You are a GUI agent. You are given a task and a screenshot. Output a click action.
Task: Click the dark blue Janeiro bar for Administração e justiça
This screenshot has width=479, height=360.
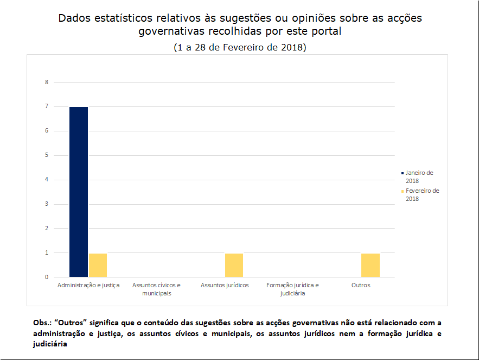(79, 192)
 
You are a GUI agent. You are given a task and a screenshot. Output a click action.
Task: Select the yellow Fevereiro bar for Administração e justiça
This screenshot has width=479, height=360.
(98, 265)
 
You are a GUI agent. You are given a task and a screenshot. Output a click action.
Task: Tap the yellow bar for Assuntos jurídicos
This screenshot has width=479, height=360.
(234, 265)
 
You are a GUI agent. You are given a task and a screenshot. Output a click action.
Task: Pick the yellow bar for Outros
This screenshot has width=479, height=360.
(371, 265)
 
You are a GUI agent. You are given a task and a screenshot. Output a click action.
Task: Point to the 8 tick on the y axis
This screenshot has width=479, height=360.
(47, 82)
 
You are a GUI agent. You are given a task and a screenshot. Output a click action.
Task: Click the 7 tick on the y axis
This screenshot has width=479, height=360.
(47, 106)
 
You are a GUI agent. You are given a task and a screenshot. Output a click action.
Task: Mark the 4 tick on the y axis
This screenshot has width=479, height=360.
(47, 180)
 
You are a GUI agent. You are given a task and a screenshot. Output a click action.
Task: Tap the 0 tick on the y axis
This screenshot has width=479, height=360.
(47, 277)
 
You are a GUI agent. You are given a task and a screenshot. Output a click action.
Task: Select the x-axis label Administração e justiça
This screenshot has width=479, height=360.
(88, 285)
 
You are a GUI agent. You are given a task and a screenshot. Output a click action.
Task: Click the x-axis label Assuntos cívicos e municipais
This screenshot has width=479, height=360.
(156, 289)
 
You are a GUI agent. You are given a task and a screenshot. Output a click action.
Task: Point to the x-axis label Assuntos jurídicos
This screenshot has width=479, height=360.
(225, 285)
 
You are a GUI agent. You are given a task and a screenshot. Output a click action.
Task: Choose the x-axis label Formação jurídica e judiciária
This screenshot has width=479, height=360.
(292, 289)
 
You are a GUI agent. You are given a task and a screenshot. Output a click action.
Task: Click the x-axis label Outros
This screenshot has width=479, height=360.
(361, 285)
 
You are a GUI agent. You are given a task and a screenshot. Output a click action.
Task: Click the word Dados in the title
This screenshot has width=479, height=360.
(75, 18)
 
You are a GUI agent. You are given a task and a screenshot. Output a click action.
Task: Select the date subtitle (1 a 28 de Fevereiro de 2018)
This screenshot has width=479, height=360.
(240, 47)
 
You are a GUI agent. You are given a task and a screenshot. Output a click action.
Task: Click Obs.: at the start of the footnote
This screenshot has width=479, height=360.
(42, 322)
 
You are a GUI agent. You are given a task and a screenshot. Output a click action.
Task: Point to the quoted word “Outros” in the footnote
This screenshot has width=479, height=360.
(73, 322)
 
